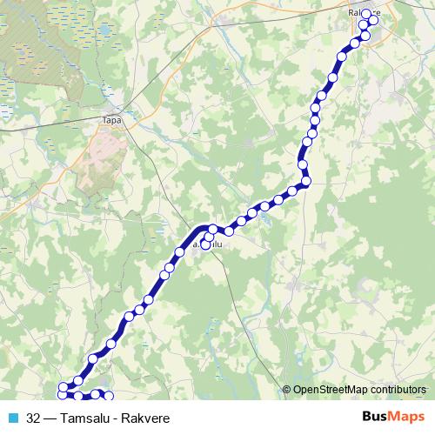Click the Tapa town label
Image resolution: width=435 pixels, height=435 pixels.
pyautogui.click(x=111, y=121)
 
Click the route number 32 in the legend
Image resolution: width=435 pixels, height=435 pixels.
pyautogui.click(x=33, y=418)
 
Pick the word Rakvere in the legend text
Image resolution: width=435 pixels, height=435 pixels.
pyautogui.click(x=145, y=418)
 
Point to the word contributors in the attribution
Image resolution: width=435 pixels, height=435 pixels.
pyautogui.click(x=399, y=390)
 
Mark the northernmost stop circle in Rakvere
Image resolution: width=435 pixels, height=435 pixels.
pyautogui.click(x=366, y=14)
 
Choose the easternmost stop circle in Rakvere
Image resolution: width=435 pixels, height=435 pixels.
pyautogui.click(x=374, y=23)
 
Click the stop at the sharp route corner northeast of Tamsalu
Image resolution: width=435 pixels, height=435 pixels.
pyautogui.click(x=305, y=181)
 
